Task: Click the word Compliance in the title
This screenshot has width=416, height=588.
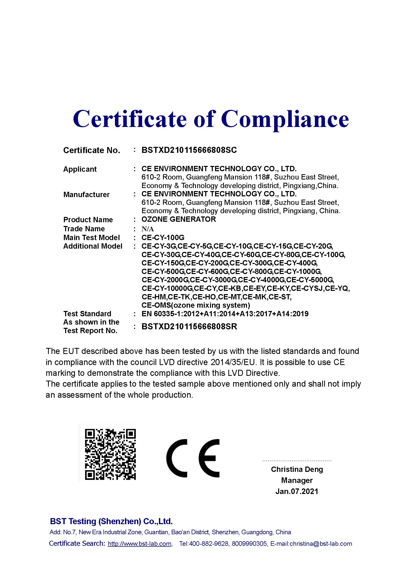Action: click(285, 119)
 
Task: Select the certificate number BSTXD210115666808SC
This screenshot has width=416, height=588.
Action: click(189, 150)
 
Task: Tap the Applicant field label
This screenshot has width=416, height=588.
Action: click(80, 169)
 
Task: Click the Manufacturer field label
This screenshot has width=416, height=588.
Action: click(86, 195)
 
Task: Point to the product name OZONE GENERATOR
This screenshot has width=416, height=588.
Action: click(179, 219)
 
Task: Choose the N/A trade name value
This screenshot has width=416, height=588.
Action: click(148, 229)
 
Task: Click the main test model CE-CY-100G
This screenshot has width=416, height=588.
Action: click(163, 237)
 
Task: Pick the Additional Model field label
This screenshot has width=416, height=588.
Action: click(93, 246)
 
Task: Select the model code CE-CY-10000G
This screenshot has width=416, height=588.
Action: click(167, 288)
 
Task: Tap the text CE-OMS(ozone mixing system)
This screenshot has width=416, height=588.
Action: click(196, 305)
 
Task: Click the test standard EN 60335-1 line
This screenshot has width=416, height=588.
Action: click(225, 314)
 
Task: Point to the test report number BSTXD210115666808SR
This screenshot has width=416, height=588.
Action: click(189, 327)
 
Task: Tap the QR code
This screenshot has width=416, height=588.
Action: click(110, 455)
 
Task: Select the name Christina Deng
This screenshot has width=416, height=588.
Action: click(297, 469)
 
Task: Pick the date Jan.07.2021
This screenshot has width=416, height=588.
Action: click(297, 491)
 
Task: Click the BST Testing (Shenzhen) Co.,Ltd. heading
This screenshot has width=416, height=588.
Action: click(111, 521)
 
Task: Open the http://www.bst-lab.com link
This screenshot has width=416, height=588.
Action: click(140, 544)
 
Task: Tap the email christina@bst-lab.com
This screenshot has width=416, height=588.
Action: click(321, 544)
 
